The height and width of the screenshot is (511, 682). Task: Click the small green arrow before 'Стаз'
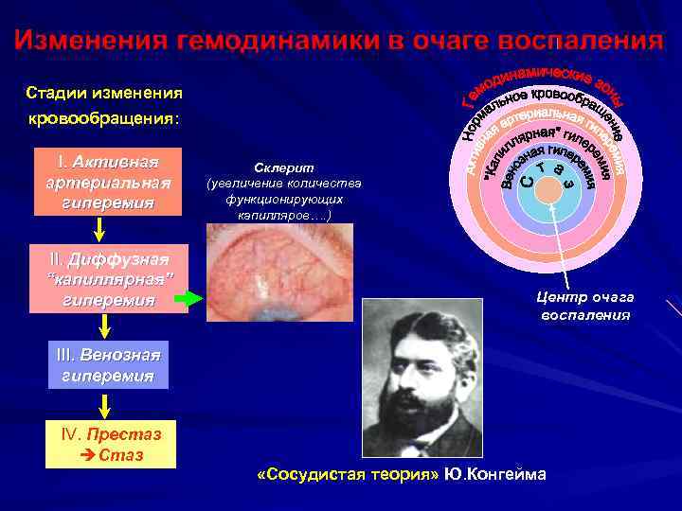coord(90,455)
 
